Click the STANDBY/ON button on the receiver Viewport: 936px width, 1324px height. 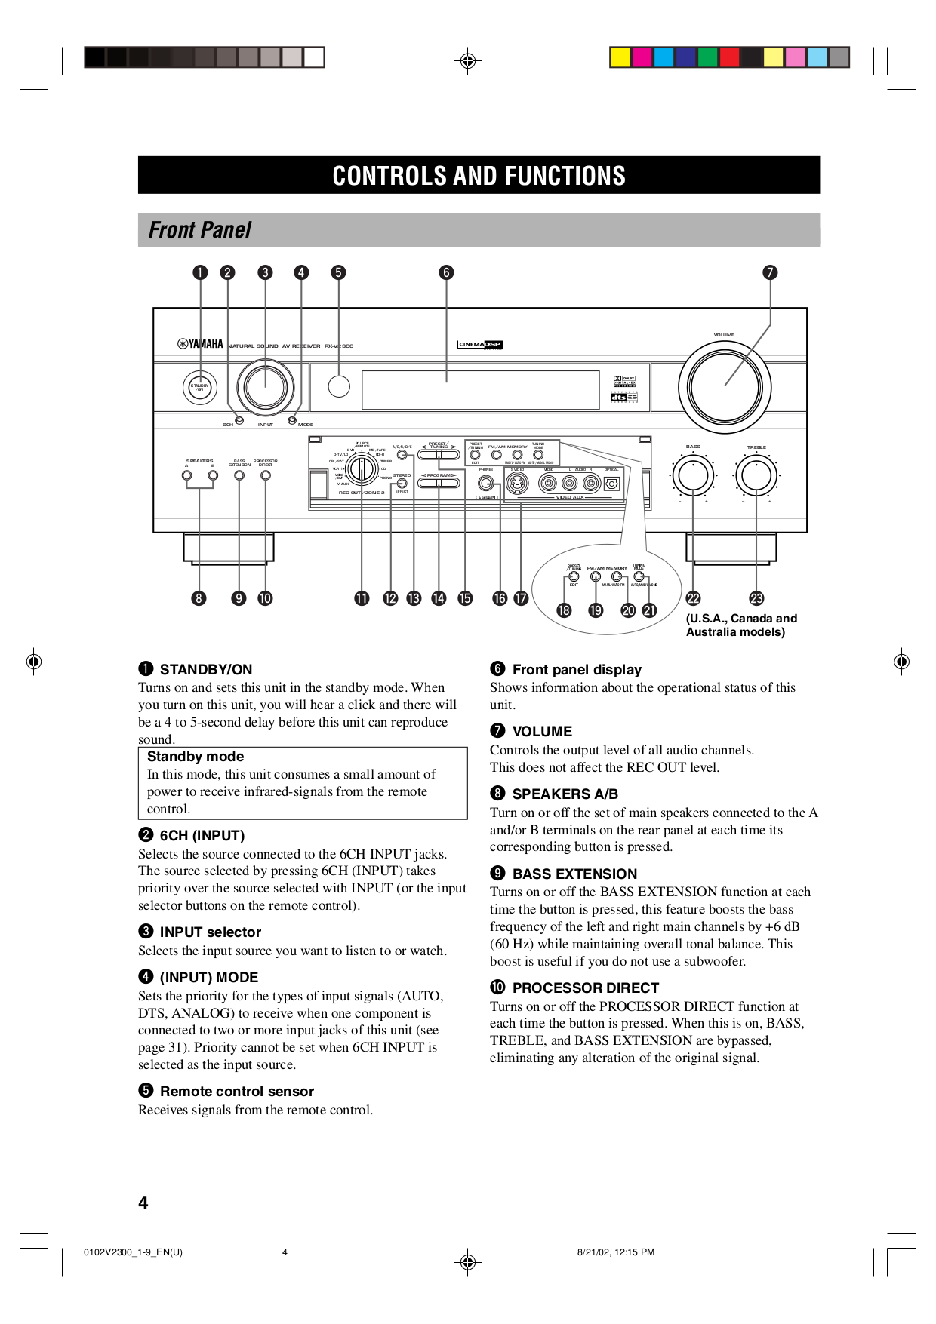pyautogui.click(x=199, y=387)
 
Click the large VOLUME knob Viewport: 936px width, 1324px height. pyautogui.click(x=725, y=386)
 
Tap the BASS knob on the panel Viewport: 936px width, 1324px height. pyautogui.click(x=693, y=475)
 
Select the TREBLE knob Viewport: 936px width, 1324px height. pyautogui.click(x=756, y=475)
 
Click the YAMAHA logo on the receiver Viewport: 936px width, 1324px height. pyautogui.click(x=201, y=344)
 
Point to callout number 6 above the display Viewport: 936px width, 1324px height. pyautogui.click(x=446, y=272)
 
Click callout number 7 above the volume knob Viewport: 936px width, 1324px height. pyautogui.click(x=770, y=272)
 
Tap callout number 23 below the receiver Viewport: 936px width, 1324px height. pyautogui.click(x=756, y=598)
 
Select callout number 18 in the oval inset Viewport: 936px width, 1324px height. pyautogui.click(x=564, y=610)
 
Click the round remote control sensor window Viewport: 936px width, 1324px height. pyautogui.click(x=339, y=386)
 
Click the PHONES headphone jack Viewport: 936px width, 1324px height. pyautogui.click(x=486, y=484)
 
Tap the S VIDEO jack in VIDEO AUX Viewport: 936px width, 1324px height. pyautogui.click(x=516, y=484)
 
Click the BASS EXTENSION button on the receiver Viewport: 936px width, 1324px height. pyautogui.click(x=239, y=475)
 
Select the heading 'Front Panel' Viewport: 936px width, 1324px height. pyautogui.click(x=200, y=230)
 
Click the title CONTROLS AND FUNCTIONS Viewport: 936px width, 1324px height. pyautogui.click(x=479, y=176)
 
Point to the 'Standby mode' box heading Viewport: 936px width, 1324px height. pyautogui.click(x=196, y=757)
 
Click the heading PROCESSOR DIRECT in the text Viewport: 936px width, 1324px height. pyautogui.click(x=585, y=988)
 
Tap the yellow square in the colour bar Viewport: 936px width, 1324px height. pyautogui.click(x=620, y=57)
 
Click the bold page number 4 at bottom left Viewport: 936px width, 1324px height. pyautogui.click(x=143, y=1203)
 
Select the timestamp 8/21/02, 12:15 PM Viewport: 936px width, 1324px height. pyautogui.click(x=615, y=1252)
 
